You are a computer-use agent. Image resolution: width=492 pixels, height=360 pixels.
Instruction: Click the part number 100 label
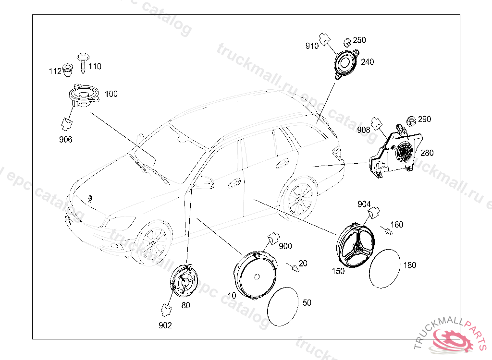click(x=111, y=94)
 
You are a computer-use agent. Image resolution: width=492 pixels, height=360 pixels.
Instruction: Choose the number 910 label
click(x=312, y=46)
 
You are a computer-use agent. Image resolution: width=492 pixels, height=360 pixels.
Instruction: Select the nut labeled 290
click(x=411, y=120)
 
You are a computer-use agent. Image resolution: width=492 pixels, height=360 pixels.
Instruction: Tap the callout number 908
click(x=363, y=130)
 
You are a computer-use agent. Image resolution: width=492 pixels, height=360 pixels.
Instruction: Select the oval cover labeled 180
click(x=384, y=269)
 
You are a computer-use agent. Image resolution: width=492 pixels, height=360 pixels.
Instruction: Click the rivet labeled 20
click(x=295, y=267)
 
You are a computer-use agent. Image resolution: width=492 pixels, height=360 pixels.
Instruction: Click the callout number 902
click(x=165, y=325)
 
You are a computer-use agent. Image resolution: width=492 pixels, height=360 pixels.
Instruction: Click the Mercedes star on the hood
click(x=89, y=198)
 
